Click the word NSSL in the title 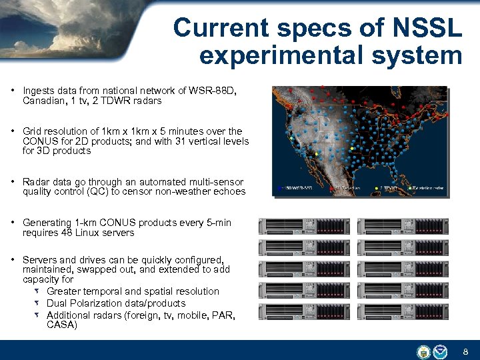424,28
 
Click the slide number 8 465,351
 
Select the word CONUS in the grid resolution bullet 39,141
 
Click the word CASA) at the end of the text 62,325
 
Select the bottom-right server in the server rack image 403,311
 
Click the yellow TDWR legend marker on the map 377,189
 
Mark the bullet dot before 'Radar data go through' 14,182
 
